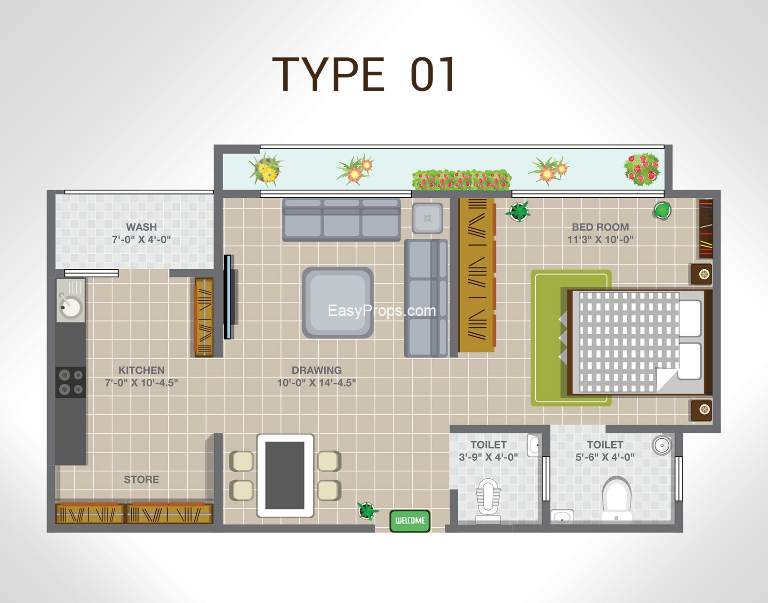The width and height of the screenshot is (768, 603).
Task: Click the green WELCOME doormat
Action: (410, 521)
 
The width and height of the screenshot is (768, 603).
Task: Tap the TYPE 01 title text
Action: (364, 74)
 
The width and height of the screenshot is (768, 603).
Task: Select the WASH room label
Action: (141, 227)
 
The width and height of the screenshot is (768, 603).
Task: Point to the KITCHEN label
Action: (141, 370)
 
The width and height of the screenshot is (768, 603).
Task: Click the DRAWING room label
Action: (317, 370)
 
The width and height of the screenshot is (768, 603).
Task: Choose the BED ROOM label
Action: (600, 227)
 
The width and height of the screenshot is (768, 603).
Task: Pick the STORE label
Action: (141, 480)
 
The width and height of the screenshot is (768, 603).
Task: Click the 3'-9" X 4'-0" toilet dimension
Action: (488, 457)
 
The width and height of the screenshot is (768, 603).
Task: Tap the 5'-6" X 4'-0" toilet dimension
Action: (605, 457)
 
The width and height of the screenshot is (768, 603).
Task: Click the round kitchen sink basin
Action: (71, 306)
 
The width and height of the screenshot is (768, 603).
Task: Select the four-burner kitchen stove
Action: (71, 382)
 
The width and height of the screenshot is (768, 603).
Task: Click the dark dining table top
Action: (285, 475)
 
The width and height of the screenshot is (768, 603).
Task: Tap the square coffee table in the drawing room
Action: (338, 303)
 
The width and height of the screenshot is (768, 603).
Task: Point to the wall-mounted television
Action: (228, 297)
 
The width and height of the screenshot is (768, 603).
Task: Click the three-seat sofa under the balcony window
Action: (342, 220)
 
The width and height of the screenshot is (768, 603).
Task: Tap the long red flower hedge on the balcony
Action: (462, 179)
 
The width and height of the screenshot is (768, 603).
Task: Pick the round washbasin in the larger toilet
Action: (662, 445)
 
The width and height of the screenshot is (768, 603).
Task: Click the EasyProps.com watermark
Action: (382, 311)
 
